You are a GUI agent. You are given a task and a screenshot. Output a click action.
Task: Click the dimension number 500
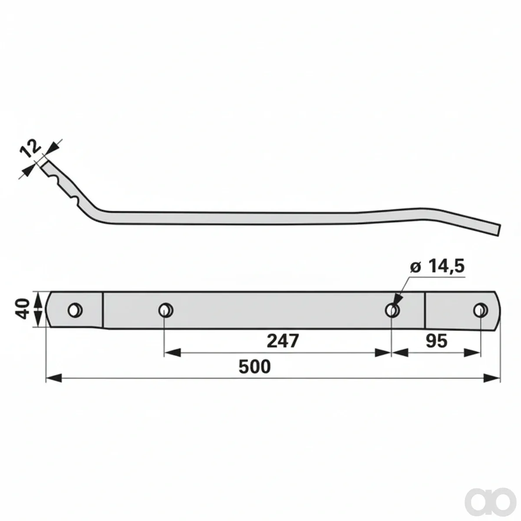[254, 366]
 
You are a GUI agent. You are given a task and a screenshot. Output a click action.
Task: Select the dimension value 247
[283, 341]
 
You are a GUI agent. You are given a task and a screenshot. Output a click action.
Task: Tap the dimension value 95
[436, 341]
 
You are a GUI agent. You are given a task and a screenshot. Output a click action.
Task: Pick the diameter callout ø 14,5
[437, 267]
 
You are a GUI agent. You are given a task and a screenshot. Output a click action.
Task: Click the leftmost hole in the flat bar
[75, 310]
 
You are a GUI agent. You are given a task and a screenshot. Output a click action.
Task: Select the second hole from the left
[166, 310]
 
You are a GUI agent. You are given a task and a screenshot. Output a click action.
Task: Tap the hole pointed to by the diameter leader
[392, 310]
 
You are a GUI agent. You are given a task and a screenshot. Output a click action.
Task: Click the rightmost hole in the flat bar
[481, 310]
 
